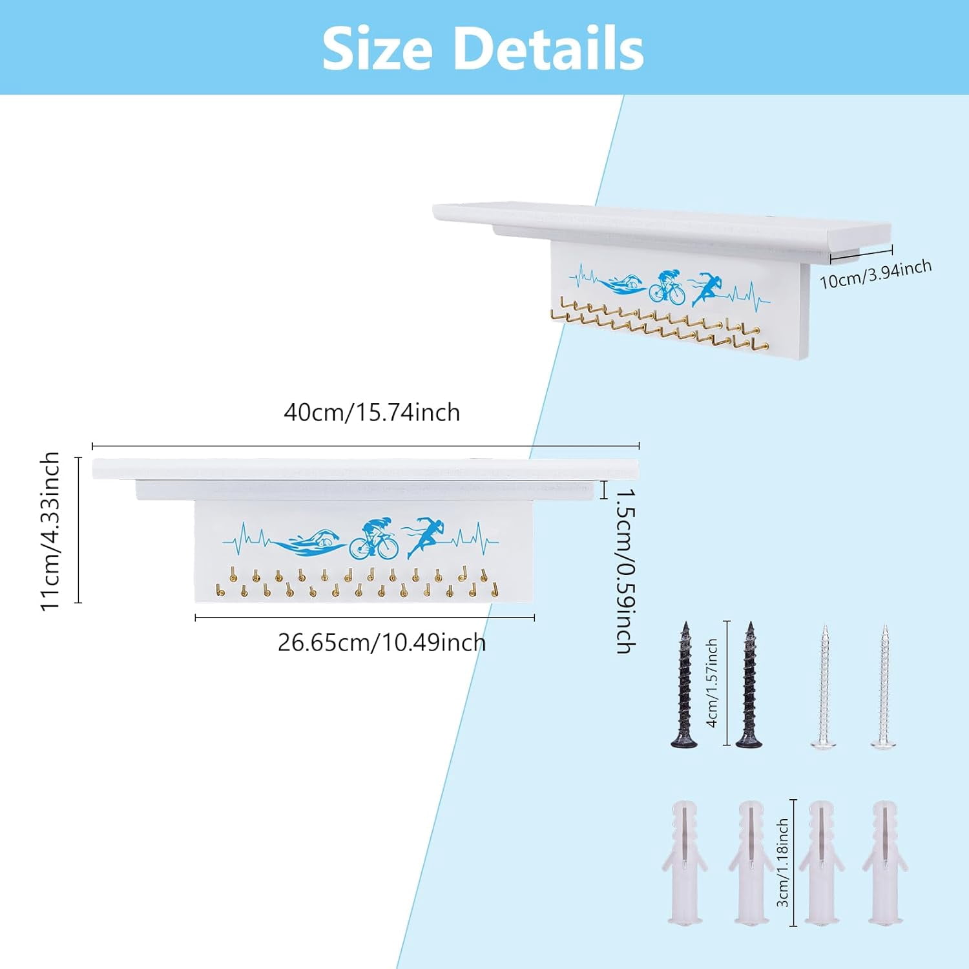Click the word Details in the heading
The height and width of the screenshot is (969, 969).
549,49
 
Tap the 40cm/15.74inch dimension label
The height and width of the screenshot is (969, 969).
372,412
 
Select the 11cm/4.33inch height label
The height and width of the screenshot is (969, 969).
50,530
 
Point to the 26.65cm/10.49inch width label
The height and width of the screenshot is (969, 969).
382,643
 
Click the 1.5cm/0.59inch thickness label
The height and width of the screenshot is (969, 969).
625,570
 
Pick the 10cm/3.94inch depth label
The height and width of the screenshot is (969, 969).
876,274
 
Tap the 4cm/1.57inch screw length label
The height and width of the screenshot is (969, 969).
712,683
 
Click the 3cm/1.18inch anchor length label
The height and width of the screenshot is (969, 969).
782,862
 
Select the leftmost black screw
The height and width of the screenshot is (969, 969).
685,685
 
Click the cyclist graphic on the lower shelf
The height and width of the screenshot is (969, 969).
374,538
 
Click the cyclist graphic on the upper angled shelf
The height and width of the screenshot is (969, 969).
667,286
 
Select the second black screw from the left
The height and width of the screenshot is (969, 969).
749,685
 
